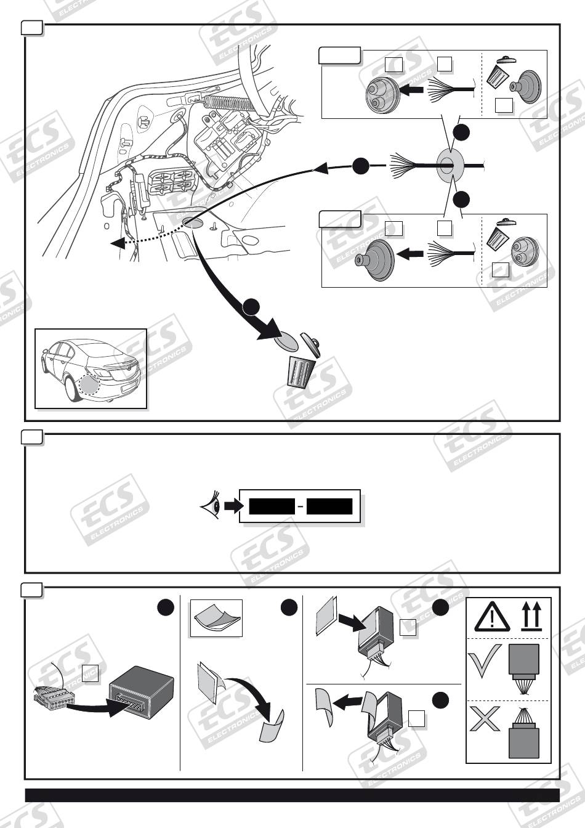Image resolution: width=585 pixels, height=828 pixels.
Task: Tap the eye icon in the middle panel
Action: click(x=211, y=505)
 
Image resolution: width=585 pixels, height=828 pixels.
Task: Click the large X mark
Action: click(x=485, y=718)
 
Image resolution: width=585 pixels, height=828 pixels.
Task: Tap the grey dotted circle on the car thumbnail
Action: click(x=90, y=386)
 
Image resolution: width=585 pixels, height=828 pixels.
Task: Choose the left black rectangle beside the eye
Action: click(x=272, y=506)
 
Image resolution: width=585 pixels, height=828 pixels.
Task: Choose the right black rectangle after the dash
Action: click(x=329, y=506)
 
